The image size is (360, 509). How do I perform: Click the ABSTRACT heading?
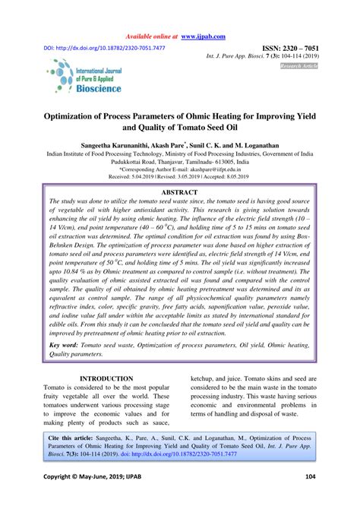tap(180, 193)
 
